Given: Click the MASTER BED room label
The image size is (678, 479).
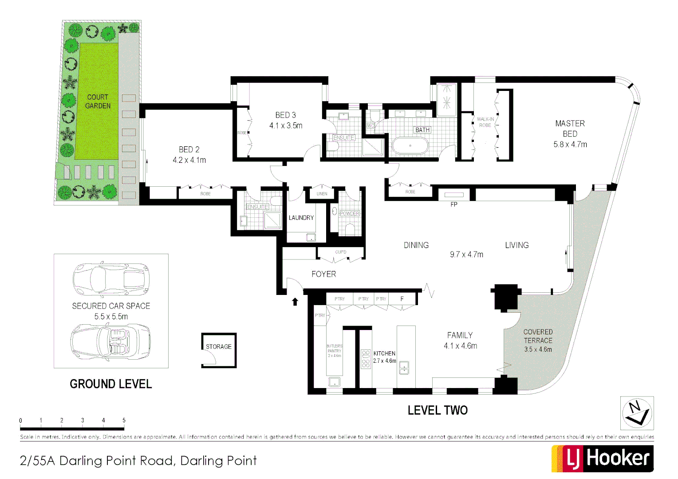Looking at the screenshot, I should pyautogui.click(x=570, y=129).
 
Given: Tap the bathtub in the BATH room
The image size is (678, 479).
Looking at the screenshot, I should pyautogui.click(x=410, y=145).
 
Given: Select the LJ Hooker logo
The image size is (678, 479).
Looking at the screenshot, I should pyautogui.click(x=602, y=458).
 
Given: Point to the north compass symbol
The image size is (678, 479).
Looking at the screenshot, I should pyautogui.click(x=636, y=413).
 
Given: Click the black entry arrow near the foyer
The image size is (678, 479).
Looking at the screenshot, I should pyautogui.click(x=295, y=302).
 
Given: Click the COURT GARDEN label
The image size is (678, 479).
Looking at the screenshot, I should pyautogui.click(x=98, y=102).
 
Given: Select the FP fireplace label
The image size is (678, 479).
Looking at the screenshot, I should pyautogui.click(x=453, y=204).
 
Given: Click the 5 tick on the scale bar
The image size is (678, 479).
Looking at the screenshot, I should pyautogui.click(x=124, y=420).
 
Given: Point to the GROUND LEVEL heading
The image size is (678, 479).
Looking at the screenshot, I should pyautogui.click(x=111, y=384).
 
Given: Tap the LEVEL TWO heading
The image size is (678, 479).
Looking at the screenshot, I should pyautogui.click(x=438, y=410).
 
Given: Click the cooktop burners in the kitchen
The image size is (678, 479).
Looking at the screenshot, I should pyautogui.click(x=366, y=359).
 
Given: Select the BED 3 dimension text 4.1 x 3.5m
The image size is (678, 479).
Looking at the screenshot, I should pyautogui.click(x=286, y=126).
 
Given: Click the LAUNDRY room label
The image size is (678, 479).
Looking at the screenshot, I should pyautogui.click(x=301, y=218).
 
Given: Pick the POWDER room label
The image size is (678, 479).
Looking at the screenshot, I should pyautogui.click(x=349, y=213).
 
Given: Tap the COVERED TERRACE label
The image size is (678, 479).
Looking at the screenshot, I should pyautogui.click(x=538, y=336).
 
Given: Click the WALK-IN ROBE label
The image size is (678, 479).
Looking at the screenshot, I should pyautogui.click(x=485, y=122).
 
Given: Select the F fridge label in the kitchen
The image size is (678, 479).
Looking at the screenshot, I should pyautogui.click(x=402, y=299).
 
